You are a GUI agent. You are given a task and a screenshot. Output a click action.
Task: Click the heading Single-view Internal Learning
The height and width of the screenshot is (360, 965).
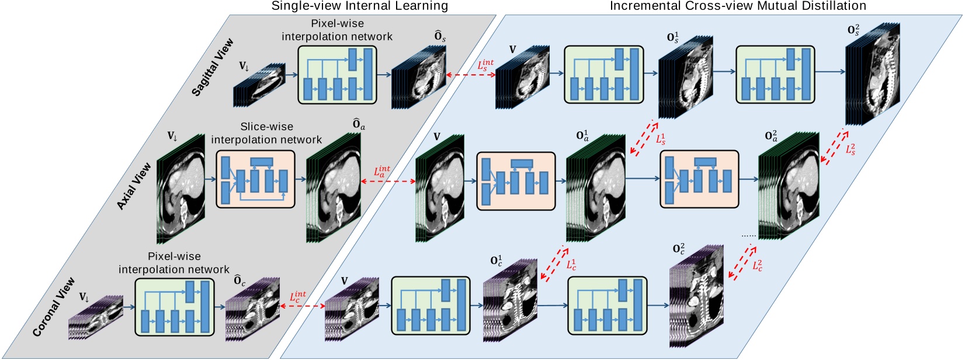359,6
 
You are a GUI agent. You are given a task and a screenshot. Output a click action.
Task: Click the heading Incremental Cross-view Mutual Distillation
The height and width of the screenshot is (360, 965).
738,6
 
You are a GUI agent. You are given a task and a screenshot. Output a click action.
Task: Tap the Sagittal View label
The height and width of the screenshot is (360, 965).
213,67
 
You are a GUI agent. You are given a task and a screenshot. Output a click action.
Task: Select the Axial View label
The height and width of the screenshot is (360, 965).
134,186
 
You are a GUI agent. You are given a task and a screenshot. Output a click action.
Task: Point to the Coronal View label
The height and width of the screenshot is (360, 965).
54,306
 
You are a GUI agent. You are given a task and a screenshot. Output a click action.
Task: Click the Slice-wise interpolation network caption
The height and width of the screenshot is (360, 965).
266,133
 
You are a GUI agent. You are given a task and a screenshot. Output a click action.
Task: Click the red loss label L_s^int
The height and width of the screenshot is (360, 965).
485,65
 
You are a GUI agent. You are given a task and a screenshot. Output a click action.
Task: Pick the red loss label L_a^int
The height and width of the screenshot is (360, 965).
381,172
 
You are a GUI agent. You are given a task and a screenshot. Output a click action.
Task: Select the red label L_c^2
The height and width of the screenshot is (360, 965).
757,265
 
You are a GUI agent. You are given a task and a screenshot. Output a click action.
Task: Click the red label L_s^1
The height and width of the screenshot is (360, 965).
661,139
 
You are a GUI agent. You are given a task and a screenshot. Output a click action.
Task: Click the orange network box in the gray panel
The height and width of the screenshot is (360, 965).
255,179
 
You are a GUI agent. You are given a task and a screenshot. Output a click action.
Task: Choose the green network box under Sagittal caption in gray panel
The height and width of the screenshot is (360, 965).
337,74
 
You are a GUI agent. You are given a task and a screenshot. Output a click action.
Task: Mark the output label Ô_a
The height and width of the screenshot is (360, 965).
359,124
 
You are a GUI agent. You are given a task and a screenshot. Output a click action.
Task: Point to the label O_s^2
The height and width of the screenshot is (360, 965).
853,29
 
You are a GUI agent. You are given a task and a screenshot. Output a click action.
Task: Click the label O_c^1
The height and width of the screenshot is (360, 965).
496,261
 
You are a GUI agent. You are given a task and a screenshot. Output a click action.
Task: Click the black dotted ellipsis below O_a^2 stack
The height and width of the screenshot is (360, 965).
748,236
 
